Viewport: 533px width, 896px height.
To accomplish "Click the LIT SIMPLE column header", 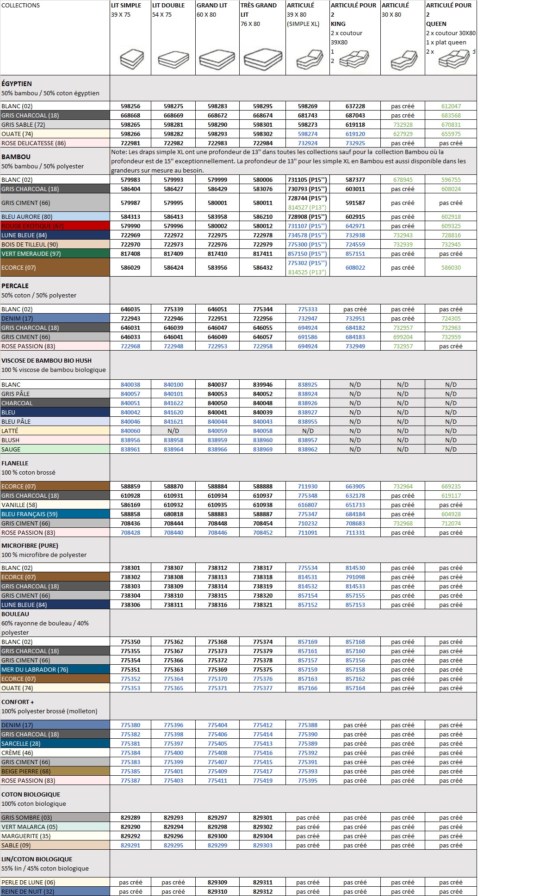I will point(126,6).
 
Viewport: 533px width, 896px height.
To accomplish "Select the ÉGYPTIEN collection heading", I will point(17,84).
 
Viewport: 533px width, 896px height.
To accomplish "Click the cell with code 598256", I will point(130,106).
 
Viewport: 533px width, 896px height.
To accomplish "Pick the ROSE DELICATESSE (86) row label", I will point(33,143).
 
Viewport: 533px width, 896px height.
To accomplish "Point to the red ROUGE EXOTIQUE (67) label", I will point(32,226).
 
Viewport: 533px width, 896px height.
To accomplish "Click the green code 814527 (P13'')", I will point(307,208).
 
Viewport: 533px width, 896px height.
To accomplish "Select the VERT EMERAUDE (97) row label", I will point(31,253).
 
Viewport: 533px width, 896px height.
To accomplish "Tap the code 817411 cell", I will point(262,253).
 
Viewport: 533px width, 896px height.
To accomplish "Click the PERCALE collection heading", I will point(15,286).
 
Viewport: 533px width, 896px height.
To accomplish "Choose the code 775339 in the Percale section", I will point(173,309).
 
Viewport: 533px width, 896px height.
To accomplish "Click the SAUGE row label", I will point(11,449).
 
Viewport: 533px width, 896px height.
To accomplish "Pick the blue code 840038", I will point(130,384).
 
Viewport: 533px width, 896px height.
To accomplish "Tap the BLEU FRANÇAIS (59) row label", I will point(30,514).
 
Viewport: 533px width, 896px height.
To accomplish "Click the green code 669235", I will point(451,486).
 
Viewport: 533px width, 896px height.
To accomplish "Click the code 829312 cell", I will point(262,891).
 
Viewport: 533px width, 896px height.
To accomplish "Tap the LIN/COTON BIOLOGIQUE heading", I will point(37,859).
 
